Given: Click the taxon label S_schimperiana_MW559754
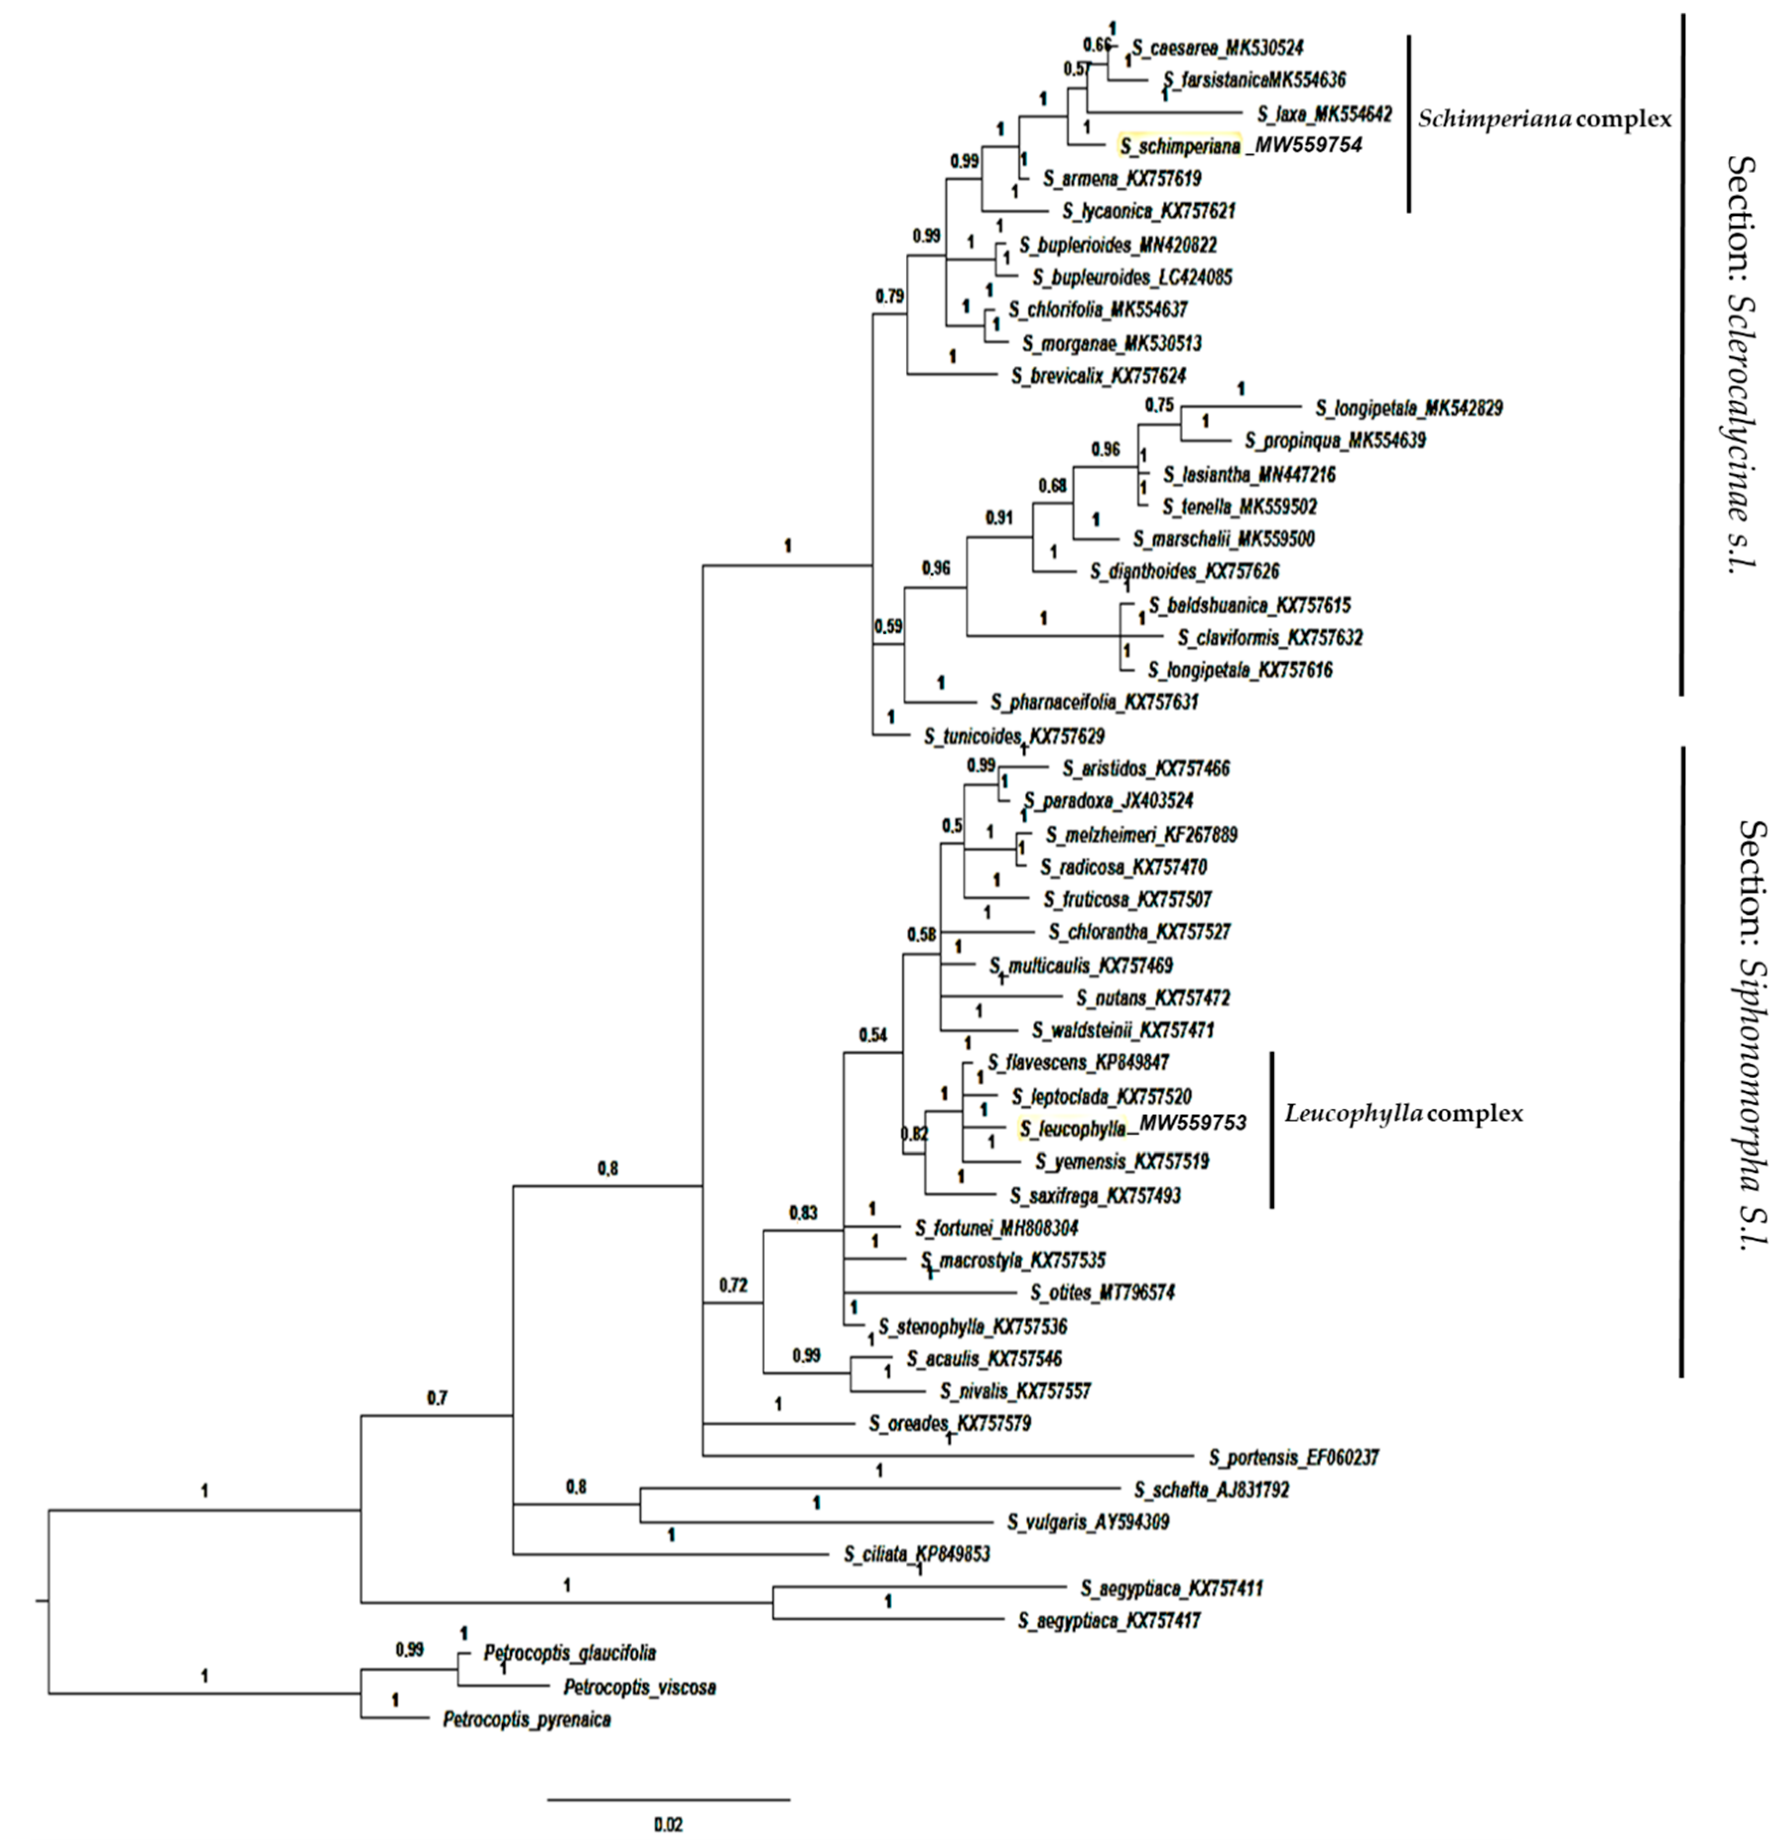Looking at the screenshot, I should click(1241, 146).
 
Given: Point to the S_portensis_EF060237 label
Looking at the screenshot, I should click(1293, 1457).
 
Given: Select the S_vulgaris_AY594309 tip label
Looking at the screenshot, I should click(1088, 1521).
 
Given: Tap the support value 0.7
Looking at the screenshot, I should click(437, 1399).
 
